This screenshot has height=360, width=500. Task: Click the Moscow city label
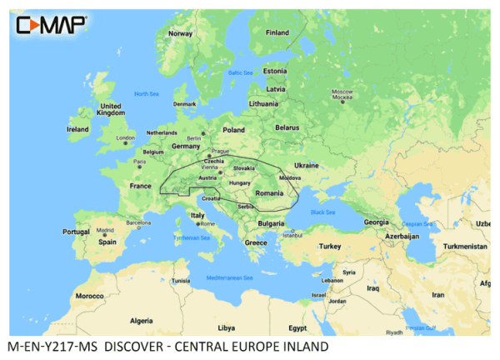[342, 91]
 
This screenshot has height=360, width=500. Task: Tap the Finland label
[277, 32]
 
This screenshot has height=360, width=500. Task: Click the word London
[125, 137]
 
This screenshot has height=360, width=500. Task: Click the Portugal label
[75, 232]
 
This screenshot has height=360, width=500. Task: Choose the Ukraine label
[307, 165]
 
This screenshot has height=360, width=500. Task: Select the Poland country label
[233, 130]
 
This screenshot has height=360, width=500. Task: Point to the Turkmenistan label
[466, 247]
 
